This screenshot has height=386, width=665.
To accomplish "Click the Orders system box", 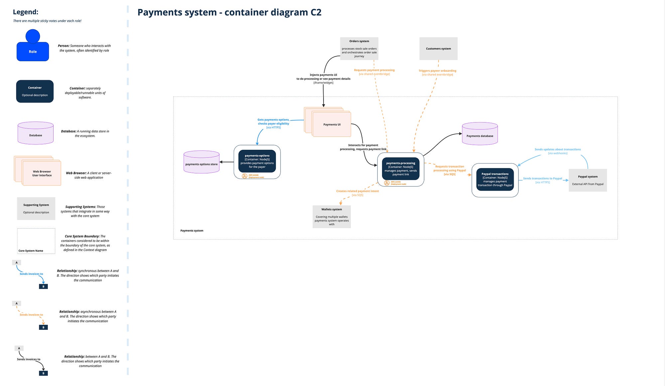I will [x=359, y=49].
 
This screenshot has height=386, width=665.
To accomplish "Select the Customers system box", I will [x=438, y=49].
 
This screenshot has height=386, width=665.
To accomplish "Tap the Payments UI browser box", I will [x=332, y=124].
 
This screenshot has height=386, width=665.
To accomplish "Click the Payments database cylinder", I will [x=479, y=134].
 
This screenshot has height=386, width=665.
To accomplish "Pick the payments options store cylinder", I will [x=201, y=162].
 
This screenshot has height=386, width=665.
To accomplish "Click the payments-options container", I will [x=257, y=161].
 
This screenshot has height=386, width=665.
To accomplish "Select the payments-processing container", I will [x=401, y=169].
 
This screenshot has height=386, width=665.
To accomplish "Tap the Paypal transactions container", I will [x=495, y=180].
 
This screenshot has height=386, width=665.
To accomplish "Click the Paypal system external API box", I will [x=588, y=180].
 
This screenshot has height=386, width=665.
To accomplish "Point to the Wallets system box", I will [x=332, y=217].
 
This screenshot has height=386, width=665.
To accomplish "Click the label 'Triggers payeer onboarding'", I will [x=437, y=71].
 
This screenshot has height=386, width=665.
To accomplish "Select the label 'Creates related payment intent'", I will [x=357, y=191].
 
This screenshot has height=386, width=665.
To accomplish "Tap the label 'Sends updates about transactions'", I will [x=558, y=149].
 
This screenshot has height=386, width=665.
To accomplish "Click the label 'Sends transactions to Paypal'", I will [x=542, y=179].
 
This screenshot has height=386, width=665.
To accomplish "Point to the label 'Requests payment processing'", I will [x=374, y=70].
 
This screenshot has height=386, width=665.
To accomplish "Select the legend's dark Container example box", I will [x=35, y=91].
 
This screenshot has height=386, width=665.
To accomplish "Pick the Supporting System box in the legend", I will [x=36, y=209].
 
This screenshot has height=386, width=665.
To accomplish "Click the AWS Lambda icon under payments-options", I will [x=244, y=176].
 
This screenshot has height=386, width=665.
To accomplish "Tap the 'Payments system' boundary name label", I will [x=192, y=231].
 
